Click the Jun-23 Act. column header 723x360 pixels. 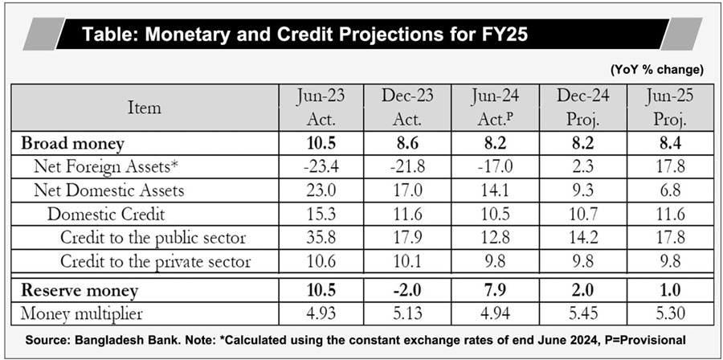pos(321,108)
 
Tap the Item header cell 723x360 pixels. pos(145,108)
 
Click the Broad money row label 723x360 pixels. pos(72,144)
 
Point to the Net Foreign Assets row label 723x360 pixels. pos(105,167)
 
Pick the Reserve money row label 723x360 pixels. pos(80,290)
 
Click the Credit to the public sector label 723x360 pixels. pos(153,238)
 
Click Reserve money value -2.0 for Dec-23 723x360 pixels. pos(409,290)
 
